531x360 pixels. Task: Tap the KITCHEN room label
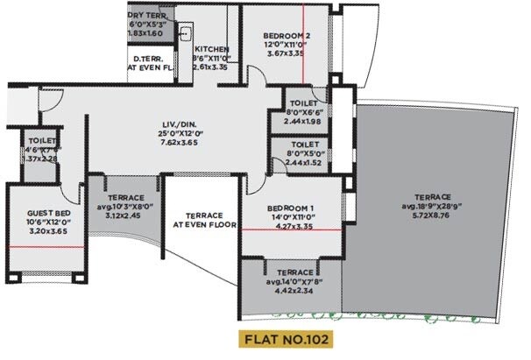coord(211,49)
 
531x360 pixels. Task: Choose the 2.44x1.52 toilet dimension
coord(303,163)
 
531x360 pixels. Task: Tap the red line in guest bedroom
coord(46,246)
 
